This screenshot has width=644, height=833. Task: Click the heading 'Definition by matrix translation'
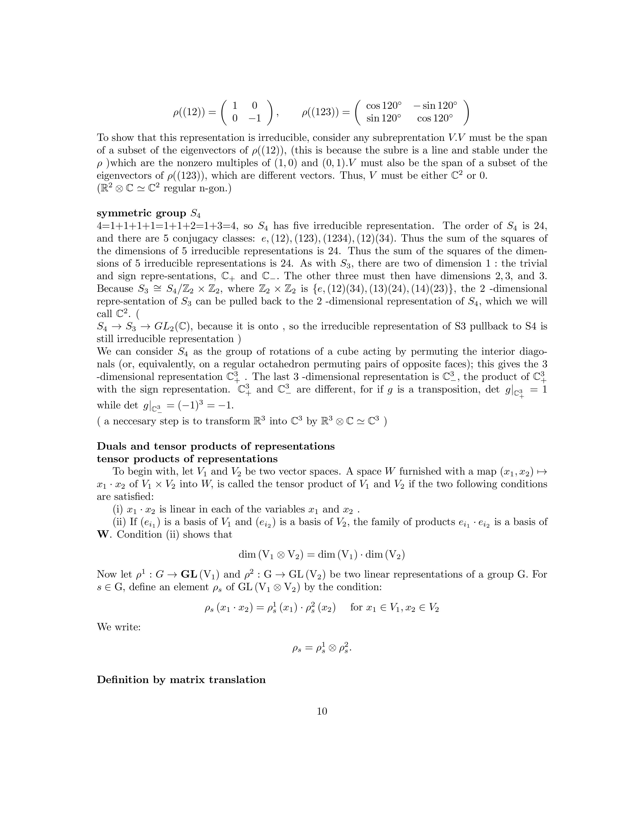pos(181,680)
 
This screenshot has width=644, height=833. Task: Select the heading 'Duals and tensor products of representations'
pos(216,446)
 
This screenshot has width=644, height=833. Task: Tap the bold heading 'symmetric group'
pos(141,213)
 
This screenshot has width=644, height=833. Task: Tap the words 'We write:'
pos(119,627)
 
